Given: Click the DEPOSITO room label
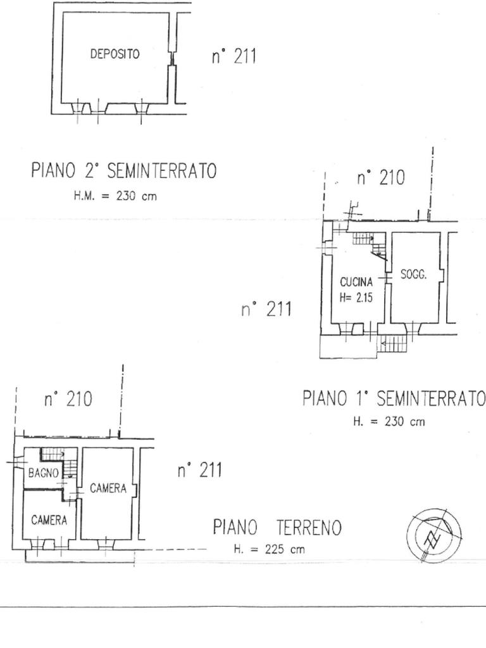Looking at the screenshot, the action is point(115,54).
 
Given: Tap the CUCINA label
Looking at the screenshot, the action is point(356,282).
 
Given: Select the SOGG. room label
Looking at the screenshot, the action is point(413,275).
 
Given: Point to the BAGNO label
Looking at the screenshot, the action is point(44,473).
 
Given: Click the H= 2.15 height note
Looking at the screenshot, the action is point(356,297).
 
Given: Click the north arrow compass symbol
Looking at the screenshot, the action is point(434,535).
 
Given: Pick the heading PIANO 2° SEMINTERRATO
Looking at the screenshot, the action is point(124,171).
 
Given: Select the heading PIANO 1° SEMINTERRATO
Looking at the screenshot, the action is point(394,399).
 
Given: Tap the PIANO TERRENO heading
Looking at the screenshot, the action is point(277,528).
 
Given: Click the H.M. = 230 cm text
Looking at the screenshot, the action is point(115,196).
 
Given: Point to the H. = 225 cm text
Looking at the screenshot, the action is point(269,549).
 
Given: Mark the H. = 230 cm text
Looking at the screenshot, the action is point(389,421).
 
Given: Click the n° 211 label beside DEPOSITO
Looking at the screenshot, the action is point(234,56).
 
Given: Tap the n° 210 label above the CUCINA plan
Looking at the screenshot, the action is point(380,178).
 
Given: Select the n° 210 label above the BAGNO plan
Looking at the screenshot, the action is point(68,400).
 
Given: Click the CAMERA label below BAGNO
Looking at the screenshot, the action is point(49,520).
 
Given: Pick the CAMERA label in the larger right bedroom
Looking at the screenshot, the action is point(108,489).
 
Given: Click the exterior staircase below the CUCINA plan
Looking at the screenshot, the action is point(393,344).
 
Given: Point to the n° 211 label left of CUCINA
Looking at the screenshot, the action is point(266,309).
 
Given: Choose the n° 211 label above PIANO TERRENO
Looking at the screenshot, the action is point(199,470).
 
